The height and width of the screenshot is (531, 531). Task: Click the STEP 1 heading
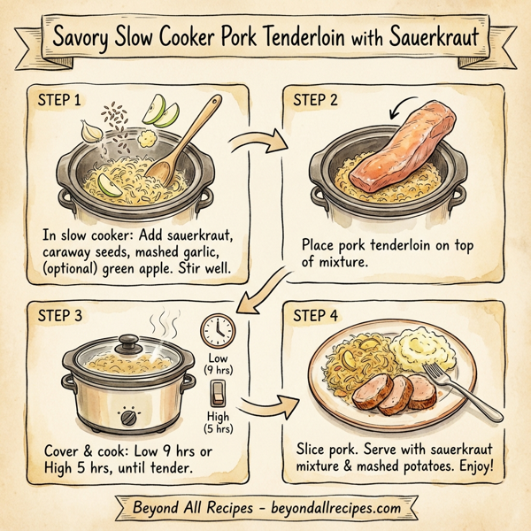(61, 100)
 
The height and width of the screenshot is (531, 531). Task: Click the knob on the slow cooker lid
(128, 340)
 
